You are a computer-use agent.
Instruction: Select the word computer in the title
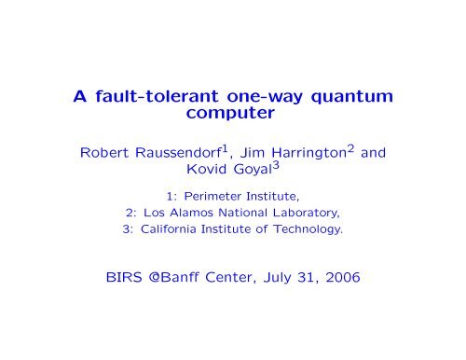point(233,121)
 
